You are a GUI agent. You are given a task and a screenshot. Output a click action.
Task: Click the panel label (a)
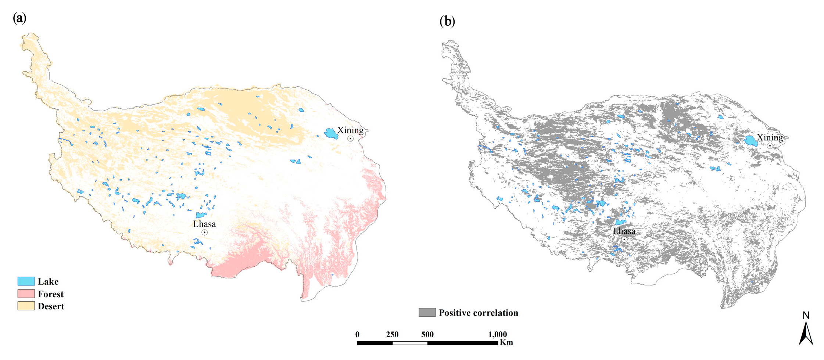pyautogui.click(x=19, y=18)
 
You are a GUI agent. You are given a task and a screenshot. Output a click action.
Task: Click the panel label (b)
pyautogui.click(x=447, y=21)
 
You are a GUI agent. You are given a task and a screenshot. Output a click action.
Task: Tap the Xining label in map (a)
pyautogui.click(x=350, y=130)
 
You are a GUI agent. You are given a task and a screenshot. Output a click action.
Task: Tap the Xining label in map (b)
pyautogui.click(x=770, y=137)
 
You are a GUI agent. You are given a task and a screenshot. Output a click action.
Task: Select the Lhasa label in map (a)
pyautogui.click(x=204, y=224)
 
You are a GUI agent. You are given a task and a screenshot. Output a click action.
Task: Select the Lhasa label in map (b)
pyautogui.click(x=624, y=231)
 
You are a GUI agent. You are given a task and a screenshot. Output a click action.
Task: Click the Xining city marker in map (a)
pyautogui.click(x=351, y=138)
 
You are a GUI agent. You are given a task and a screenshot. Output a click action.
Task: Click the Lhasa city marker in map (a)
pyautogui.click(x=205, y=232)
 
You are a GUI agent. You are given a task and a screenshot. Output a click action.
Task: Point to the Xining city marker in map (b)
pyautogui.click(x=770, y=146)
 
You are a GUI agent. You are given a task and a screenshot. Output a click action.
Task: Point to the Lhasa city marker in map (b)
pyautogui.click(x=624, y=239)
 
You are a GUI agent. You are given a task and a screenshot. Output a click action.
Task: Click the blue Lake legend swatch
pyautogui.click(x=26, y=281)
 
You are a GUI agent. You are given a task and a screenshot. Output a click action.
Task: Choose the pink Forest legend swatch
pyautogui.click(x=26, y=294)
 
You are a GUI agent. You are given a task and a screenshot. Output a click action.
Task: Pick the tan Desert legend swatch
pyautogui.click(x=26, y=306)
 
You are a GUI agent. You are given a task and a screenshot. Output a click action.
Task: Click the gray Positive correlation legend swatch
pyautogui.click(x=427, y=313)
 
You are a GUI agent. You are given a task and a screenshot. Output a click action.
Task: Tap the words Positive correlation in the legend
pyautogui.click(x=478, y=313)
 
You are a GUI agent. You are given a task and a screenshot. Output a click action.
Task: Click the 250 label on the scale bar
pyautogui.click(x=392, y=334)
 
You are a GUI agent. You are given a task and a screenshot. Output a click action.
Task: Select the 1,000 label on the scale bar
pyautogui.click(x=498, y=334)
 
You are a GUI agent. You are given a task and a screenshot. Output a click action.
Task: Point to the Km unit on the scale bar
pyautogui.click(x=506, y=342)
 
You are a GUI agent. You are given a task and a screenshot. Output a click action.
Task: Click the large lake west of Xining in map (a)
pyautogui.click(x=331, y=134)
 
